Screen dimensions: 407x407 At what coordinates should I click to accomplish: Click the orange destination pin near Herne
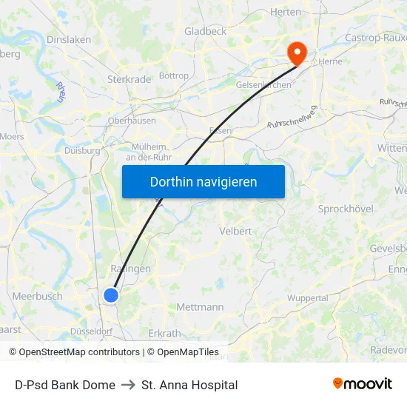(x=297, y=51)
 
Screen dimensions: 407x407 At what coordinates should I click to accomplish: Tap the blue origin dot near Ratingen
(x=111, y=295)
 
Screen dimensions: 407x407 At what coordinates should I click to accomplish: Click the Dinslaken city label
(x=68, y=40)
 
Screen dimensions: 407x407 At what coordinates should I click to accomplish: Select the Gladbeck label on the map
(x=205, y=31)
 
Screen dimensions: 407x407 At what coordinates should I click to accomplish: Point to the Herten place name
(x=286, y=12)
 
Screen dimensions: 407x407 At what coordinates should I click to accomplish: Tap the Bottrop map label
(x=174, y=75)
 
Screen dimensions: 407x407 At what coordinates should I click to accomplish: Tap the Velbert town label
(x=235, y=232)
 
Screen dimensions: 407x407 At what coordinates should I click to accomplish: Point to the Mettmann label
(x=200, y=306)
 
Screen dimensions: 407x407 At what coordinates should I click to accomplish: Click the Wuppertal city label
(x=308, y=298)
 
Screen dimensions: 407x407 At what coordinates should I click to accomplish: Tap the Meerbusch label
(x=37, y=296)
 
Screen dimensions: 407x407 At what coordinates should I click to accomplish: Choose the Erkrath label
(x=164, y=334)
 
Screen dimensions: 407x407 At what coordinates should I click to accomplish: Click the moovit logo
(x=363, y=383)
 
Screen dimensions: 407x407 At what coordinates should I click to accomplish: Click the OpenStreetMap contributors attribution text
(x=79, y=352)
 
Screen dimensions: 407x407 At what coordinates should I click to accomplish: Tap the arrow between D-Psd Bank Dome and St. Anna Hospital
(x=128, y=385)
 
